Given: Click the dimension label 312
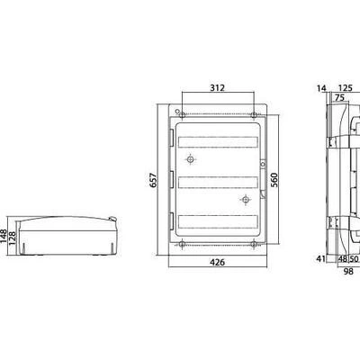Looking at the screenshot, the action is click(217, 88).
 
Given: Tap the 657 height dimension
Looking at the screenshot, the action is click(153, 180).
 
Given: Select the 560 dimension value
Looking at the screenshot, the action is click(274, 180).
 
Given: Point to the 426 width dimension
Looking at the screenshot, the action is click(217, 262).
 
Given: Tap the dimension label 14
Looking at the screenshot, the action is click(321, 88).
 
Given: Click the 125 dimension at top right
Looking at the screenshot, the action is click(345, 88).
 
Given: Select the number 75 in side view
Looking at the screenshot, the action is click(339, 98).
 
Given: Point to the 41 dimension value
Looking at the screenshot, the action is click(321, 258).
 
